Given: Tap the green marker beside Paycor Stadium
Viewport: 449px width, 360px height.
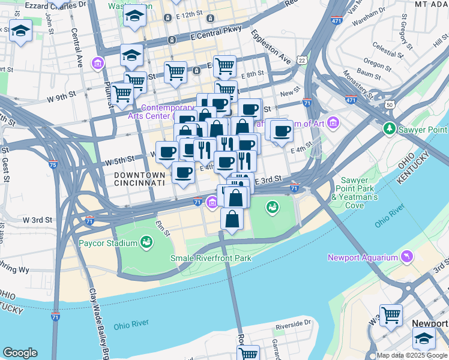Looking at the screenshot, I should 146,242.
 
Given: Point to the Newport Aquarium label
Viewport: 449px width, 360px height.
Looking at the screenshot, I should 363,258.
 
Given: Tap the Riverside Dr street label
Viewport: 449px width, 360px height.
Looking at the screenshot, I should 293,328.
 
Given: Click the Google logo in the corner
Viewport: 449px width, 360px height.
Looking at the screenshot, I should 20,353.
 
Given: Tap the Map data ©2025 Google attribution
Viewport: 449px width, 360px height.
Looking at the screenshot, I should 412,355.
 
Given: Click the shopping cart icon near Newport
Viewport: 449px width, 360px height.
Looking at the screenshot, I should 390,314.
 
